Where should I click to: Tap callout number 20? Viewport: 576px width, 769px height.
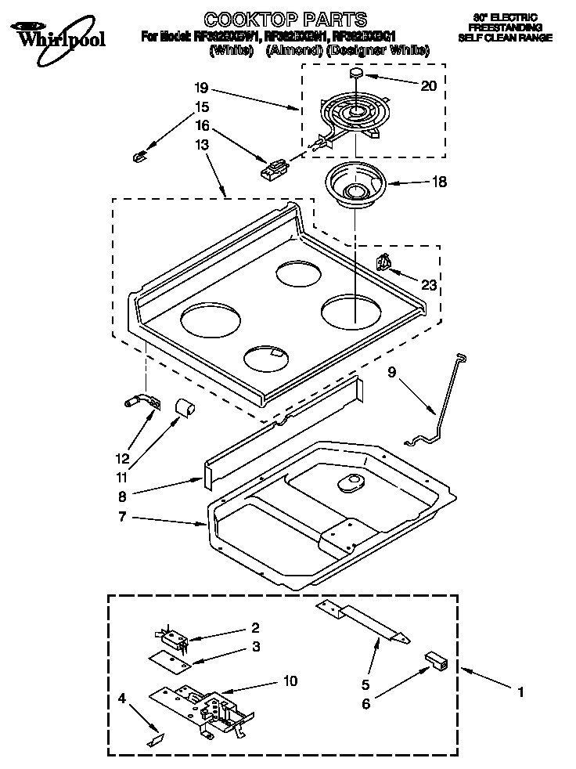428,86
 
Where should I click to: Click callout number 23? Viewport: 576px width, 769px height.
428,286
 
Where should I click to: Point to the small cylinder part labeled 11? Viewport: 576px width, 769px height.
185,408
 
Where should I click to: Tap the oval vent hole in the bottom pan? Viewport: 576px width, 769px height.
350,486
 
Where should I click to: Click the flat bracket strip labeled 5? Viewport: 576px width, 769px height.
363,623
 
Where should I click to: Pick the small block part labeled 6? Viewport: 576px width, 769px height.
435,661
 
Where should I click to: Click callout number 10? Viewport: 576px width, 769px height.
290,681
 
